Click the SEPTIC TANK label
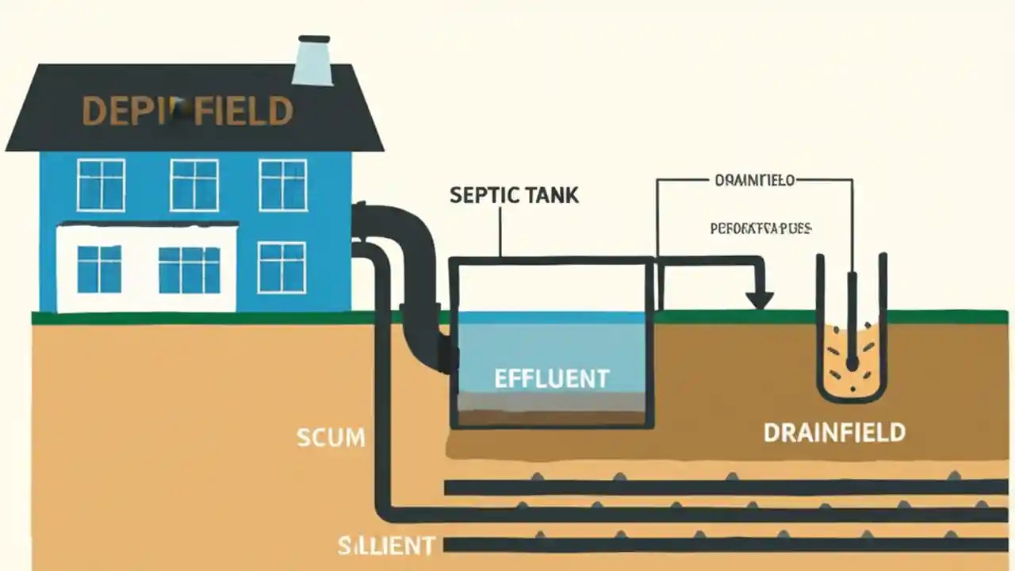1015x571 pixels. point(514,195)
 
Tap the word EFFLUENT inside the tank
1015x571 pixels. point(552,378)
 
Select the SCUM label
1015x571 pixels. point(331,437)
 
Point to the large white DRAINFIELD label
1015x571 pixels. point(834,433)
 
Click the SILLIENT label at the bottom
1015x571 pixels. point(386,546)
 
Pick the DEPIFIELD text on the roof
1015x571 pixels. point(187,112)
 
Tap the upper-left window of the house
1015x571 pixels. point(101,185)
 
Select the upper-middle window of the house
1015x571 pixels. point(194,185)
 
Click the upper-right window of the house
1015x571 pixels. point(283,185)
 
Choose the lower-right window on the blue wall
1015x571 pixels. point(282,268)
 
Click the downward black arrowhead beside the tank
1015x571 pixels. point(759,299)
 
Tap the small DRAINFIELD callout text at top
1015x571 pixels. point(754,181)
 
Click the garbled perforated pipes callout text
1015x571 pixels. point(760,228)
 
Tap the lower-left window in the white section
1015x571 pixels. point(99,269)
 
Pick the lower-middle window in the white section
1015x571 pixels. point(190,270)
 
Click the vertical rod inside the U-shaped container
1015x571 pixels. point(852,317)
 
